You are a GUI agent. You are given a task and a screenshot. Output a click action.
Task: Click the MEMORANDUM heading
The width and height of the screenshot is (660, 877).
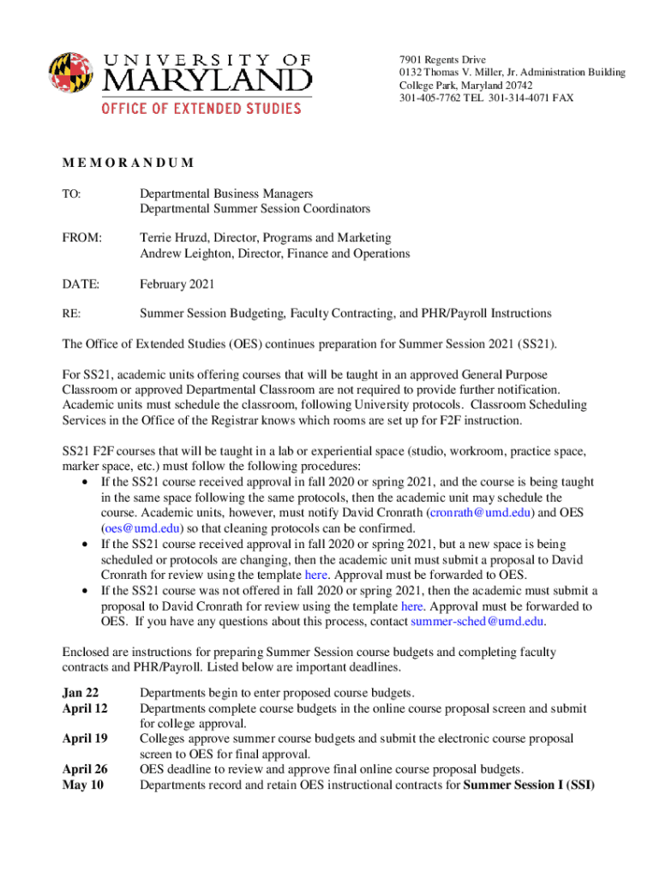click(x=128, y=163)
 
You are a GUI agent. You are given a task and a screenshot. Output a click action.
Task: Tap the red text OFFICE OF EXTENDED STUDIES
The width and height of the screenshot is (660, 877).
click(x=201, y=109)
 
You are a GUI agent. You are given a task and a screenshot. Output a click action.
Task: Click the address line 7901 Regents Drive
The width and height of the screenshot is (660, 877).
click(x=442, y=60)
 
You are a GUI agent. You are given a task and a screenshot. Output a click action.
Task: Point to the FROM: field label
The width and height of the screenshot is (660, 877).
click(x=82, y=237)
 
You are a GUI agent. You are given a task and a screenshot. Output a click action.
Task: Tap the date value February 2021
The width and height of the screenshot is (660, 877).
click(x=177, y=283)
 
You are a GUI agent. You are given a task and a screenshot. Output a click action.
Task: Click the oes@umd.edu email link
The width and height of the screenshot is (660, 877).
click(x=141, y=528)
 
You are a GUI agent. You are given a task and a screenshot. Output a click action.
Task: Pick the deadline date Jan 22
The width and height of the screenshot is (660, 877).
click(x=81, y=693)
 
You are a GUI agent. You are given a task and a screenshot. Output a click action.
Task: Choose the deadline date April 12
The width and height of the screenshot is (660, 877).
click(x=85, y=708)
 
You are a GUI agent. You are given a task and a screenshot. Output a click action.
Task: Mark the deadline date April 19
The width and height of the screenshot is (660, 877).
click(x=85, y=738)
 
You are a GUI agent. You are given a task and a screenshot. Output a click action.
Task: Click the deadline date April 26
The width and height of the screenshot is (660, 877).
click(x=85, y=769)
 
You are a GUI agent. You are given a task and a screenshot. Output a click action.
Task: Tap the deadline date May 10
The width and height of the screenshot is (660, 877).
click(x=82, y=785)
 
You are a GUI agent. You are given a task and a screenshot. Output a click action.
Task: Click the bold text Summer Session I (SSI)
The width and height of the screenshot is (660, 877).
click(x=529, y=785)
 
